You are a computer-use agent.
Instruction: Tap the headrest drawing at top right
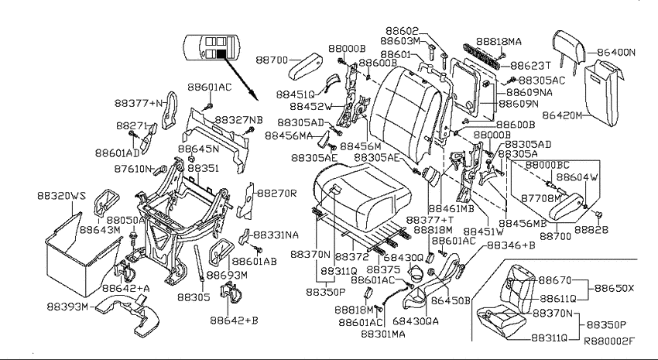(570, 46)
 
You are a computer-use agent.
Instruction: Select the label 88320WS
(61, 196)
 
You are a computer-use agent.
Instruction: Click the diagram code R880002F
(609, 341)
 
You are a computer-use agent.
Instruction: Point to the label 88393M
(67, 307)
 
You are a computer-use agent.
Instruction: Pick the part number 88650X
(615, 289)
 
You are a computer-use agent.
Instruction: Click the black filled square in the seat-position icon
(221, 53)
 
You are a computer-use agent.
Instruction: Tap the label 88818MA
(499, 42)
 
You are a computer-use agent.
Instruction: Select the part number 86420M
(562, 115)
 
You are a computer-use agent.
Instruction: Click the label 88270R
(277, 194)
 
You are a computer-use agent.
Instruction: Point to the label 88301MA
(383, 334)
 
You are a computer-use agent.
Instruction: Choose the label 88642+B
(234, 321)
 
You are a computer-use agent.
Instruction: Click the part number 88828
(591, 229)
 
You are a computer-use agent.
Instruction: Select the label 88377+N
(139, 103)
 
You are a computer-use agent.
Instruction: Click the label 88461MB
(451, 208)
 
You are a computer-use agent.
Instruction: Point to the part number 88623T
(530, 66)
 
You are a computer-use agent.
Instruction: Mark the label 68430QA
(416, 321)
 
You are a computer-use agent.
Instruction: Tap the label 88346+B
(511, 245)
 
